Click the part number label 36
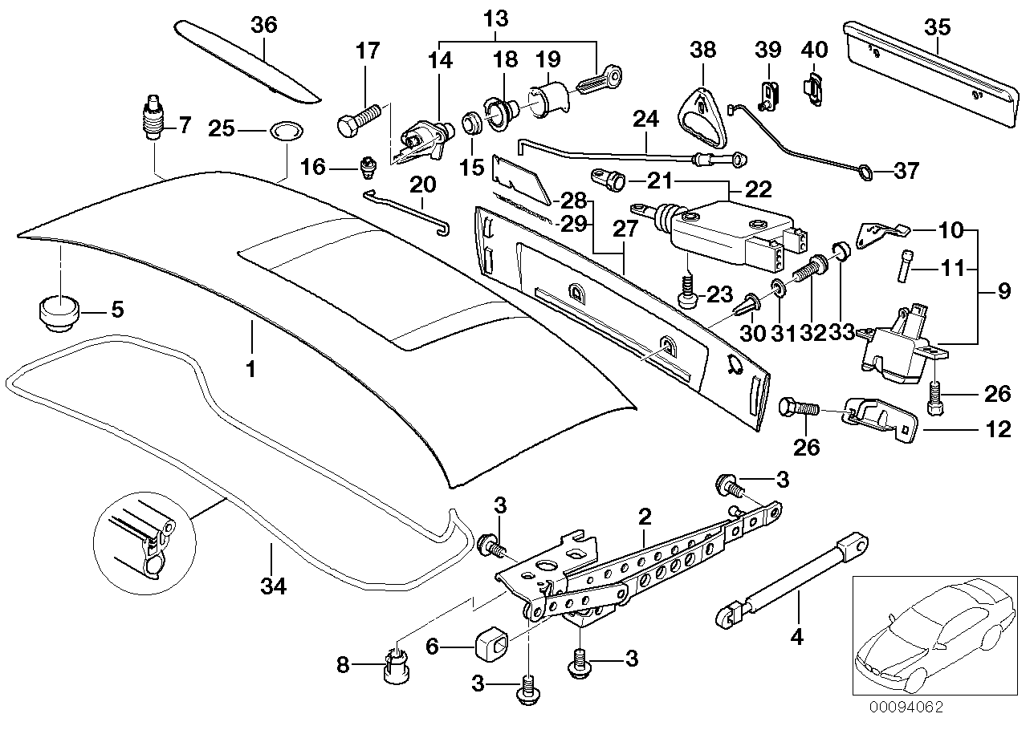tap(264, 25)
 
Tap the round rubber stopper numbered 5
tap(55, 311)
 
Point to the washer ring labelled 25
tap(282, 129)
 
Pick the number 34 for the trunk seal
tap(273, 587)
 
